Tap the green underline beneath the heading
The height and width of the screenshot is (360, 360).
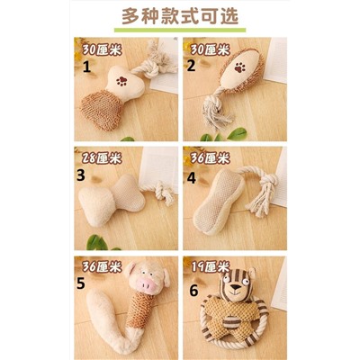[180, 30]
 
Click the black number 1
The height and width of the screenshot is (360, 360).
[86, 67]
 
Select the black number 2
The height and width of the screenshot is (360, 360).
[191, 66]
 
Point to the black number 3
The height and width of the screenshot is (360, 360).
[81, 175]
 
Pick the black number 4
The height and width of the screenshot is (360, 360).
[192, 178]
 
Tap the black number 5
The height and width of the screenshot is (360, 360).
[81, 283]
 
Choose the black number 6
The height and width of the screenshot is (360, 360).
[193, 291]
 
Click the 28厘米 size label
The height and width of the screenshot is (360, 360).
[102, 157]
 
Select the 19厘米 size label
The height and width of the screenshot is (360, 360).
[211, 266]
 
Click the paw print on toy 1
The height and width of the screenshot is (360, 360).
[121, 81]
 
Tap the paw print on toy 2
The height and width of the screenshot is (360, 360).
[239, 67]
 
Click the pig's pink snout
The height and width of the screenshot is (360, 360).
[147, 283]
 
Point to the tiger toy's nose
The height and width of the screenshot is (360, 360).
[237, 287]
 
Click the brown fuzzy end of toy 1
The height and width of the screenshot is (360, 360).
[102, 110]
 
